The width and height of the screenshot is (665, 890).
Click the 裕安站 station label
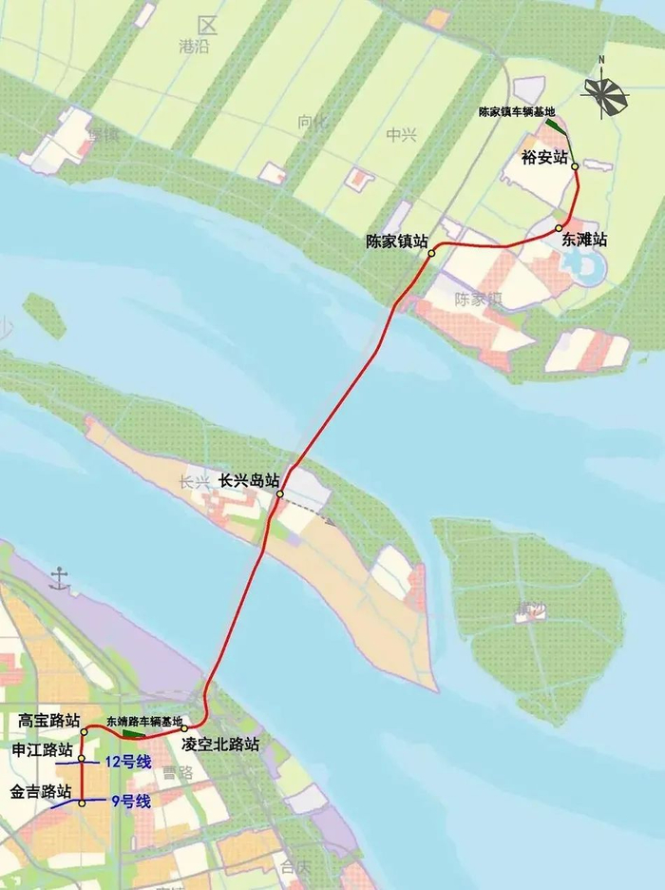tap(544, 157)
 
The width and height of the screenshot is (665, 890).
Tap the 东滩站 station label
tap(583, 240)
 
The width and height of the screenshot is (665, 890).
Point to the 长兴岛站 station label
tap(249, 480)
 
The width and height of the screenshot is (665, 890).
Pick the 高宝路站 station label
tap(49, 720)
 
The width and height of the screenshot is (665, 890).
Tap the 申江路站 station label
tap(41, 749)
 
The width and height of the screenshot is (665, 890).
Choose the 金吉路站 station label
tap(41, 791)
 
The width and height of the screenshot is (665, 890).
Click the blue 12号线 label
tap(128, 761)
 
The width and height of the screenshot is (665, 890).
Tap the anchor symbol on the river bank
tap(61, 575)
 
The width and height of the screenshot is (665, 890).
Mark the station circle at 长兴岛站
tap(280, 494)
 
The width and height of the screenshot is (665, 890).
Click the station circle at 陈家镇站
tap(431, 253)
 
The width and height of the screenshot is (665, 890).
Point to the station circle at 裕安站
tap(575, 166)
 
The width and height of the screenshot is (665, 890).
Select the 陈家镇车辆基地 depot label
tap(518, 111)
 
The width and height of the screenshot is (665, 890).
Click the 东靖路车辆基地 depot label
tap(143, 721)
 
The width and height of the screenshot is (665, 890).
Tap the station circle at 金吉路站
tap(82, 803)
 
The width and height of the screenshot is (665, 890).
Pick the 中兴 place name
tap(402, 135)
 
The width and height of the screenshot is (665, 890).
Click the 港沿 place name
tap(194, 46)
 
